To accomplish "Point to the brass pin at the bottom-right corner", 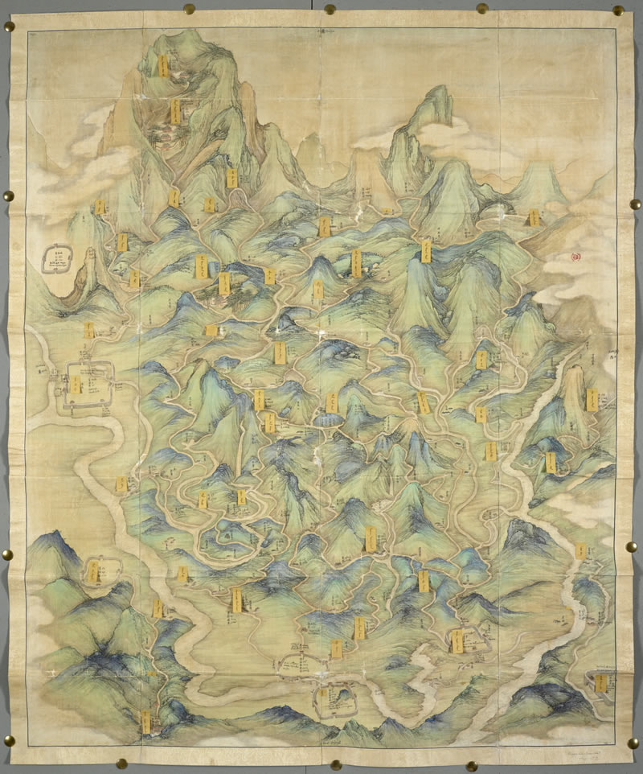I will point(632,741).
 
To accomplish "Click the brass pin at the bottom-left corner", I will point(9,739).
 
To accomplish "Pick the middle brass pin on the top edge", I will point(330,9).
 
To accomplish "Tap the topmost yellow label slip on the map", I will point(162,64).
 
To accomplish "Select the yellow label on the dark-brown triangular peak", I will point(533,218).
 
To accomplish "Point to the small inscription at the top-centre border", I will point(329,31).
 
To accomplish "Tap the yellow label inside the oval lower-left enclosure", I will point(94,572).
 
